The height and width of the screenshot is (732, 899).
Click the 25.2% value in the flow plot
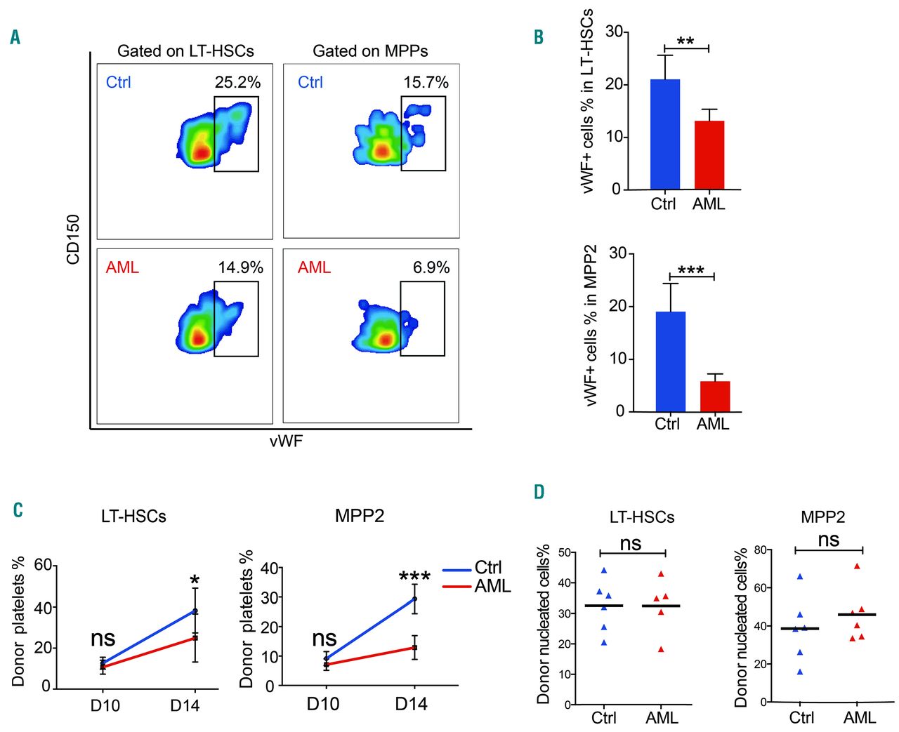237,82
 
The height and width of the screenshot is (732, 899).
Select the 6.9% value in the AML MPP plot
431,267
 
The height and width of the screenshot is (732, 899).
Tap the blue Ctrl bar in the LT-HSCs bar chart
664,134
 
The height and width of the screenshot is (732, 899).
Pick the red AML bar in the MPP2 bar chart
714,397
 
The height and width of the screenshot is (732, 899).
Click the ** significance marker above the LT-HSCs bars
685,41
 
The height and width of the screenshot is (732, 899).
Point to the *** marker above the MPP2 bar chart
691,271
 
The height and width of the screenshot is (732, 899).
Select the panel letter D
539,492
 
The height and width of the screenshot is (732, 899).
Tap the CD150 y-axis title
73,239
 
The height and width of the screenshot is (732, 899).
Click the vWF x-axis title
286,441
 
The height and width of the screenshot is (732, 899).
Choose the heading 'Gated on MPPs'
370,51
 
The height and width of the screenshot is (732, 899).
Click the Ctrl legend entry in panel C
487,567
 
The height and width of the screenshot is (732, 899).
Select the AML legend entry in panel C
492,586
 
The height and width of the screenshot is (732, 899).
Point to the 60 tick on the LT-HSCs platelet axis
43,566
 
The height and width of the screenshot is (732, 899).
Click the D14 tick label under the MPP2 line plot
411,704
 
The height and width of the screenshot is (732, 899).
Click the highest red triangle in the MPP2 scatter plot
857,566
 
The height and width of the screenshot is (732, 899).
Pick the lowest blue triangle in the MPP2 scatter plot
799,672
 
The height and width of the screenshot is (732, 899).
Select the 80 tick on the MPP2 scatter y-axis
759,550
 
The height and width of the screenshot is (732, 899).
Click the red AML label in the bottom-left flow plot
122,267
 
